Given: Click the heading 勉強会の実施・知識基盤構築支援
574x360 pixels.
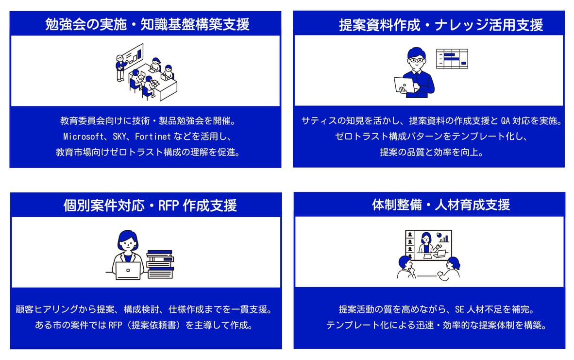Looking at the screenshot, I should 147,24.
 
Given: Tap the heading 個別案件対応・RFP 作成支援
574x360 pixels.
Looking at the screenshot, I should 150,206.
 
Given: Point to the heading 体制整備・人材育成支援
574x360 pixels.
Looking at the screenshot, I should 441,205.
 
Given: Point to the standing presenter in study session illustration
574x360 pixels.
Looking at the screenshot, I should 120,68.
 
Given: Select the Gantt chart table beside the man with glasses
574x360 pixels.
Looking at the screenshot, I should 452,58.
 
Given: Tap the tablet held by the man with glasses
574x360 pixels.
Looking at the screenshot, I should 404,85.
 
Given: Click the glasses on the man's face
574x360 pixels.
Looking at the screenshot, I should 416,60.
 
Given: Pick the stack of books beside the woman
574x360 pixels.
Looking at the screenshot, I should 160,264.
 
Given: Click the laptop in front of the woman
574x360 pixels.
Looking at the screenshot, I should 128,270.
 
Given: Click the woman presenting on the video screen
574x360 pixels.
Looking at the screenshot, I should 426,243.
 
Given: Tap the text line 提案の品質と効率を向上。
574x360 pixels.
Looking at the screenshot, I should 429,152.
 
